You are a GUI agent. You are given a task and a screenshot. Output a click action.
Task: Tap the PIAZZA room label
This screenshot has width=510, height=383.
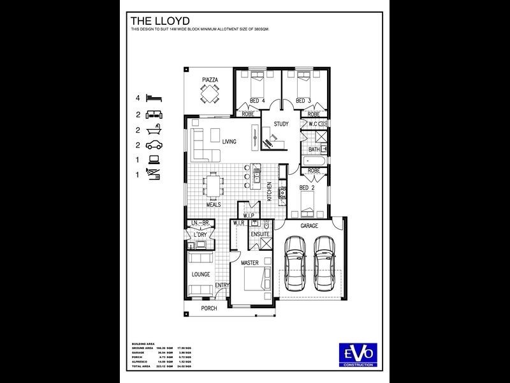[210, 79]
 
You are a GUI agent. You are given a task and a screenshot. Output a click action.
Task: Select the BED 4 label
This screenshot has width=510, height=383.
[258, 101]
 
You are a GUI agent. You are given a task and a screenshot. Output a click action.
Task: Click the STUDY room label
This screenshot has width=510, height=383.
[281, 124]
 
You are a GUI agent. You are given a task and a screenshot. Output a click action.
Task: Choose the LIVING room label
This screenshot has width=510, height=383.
[229, 141]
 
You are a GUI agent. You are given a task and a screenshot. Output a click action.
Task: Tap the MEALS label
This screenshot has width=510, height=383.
[214, 205]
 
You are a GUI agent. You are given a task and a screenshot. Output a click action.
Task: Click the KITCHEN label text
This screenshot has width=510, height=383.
[270, 191]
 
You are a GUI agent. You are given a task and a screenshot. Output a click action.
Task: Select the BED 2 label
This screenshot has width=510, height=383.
[307, 188]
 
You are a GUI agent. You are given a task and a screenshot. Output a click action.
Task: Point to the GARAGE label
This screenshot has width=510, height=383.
[309, 225]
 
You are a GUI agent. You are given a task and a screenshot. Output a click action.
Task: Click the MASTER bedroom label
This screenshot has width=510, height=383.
[249, 262]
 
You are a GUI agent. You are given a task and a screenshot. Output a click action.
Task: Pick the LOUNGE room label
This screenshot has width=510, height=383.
[201, 274]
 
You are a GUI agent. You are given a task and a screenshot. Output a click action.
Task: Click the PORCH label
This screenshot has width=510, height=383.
[209, 308]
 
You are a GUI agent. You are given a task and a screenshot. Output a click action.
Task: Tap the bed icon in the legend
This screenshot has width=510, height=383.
[154, 98]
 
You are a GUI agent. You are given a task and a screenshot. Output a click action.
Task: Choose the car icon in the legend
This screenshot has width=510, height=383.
[154, 145]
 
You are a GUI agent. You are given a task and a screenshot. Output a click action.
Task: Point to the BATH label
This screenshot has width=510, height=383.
[314, 149]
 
